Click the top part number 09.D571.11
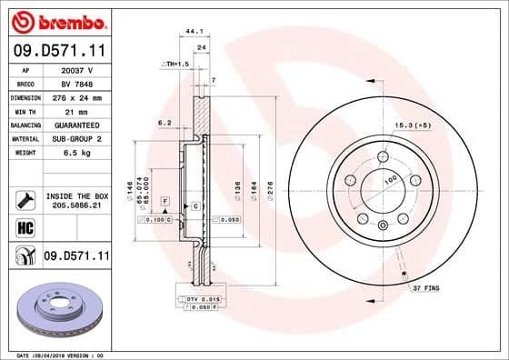point(58,52)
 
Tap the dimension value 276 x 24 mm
point(76,96)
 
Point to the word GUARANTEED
point(76,125)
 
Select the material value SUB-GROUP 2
point(76,138)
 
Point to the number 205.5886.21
point(77,206)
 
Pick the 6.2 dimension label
point(165,120)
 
